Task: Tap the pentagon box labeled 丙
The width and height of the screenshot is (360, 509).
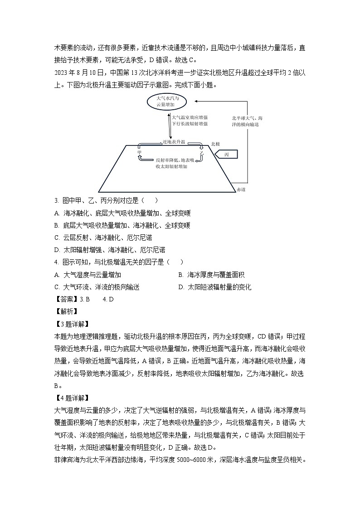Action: pyautogui.click(x=227, y=154)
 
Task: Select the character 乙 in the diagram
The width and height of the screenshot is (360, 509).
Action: pyautogui.click(x=202, y=154)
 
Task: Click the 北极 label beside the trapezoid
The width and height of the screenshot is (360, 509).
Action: pyautogui.click(x=215, y=144)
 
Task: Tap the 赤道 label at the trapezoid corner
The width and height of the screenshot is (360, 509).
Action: pyautogui.click(x=229, y=189)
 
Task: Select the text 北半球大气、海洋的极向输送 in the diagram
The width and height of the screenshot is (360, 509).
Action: pyautogui.click(x=247, y=121)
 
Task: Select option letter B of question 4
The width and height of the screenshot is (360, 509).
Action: pyautogui.click(x=180, y=275)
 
